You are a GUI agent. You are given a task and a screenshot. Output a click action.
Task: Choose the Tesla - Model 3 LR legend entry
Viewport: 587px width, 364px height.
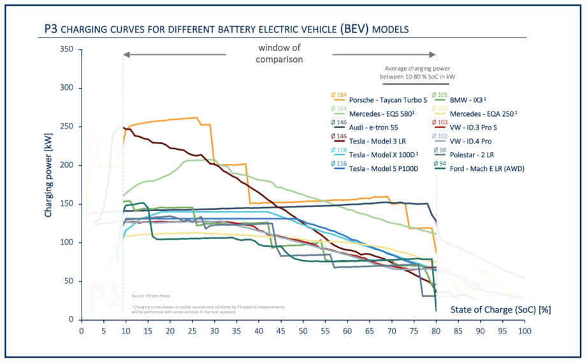357,141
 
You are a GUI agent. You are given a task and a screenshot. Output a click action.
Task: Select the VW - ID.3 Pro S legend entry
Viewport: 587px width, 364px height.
475,127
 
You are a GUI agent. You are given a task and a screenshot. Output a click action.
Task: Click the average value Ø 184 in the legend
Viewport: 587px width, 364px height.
337,95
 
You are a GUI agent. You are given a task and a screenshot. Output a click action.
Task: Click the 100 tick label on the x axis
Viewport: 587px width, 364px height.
525,331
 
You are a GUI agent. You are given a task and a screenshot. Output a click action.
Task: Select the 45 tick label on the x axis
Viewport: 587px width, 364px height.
280,331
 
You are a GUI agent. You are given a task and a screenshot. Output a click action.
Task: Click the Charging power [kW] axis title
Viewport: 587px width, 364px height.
48,165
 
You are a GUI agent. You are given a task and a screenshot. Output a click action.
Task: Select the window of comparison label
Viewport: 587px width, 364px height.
280,54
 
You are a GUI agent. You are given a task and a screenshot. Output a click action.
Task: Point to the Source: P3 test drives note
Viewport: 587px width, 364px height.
151,296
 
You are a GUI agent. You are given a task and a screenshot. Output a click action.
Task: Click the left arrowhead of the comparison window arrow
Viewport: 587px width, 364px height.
127,55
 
